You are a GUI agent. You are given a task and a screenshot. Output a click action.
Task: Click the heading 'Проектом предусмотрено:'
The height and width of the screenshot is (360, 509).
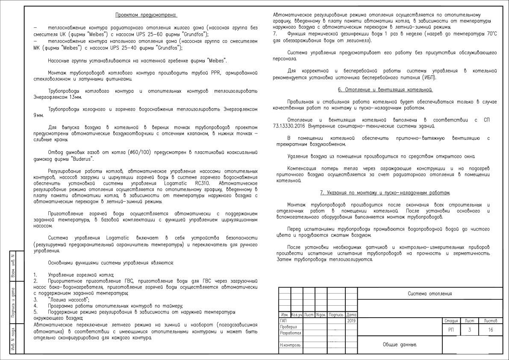point(146,15)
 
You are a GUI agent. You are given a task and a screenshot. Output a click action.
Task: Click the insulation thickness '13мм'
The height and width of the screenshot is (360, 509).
point(74,97)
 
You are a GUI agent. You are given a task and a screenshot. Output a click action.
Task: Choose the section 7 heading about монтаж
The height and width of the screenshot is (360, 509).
point(385,192)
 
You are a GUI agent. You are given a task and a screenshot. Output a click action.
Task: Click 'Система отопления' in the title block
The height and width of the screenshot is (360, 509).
point(430,294)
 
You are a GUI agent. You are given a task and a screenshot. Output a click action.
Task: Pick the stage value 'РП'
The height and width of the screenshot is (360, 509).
point(451,330)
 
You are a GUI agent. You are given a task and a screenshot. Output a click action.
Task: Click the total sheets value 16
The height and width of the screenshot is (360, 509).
point(490,330)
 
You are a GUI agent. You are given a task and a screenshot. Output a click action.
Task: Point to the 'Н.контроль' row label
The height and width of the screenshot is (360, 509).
point(290,345)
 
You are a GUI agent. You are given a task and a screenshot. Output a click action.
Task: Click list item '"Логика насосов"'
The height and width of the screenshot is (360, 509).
point(69,300)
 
